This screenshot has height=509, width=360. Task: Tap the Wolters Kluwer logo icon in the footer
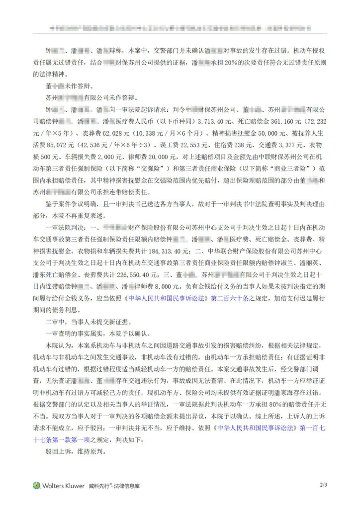click(x=37, y=486)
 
